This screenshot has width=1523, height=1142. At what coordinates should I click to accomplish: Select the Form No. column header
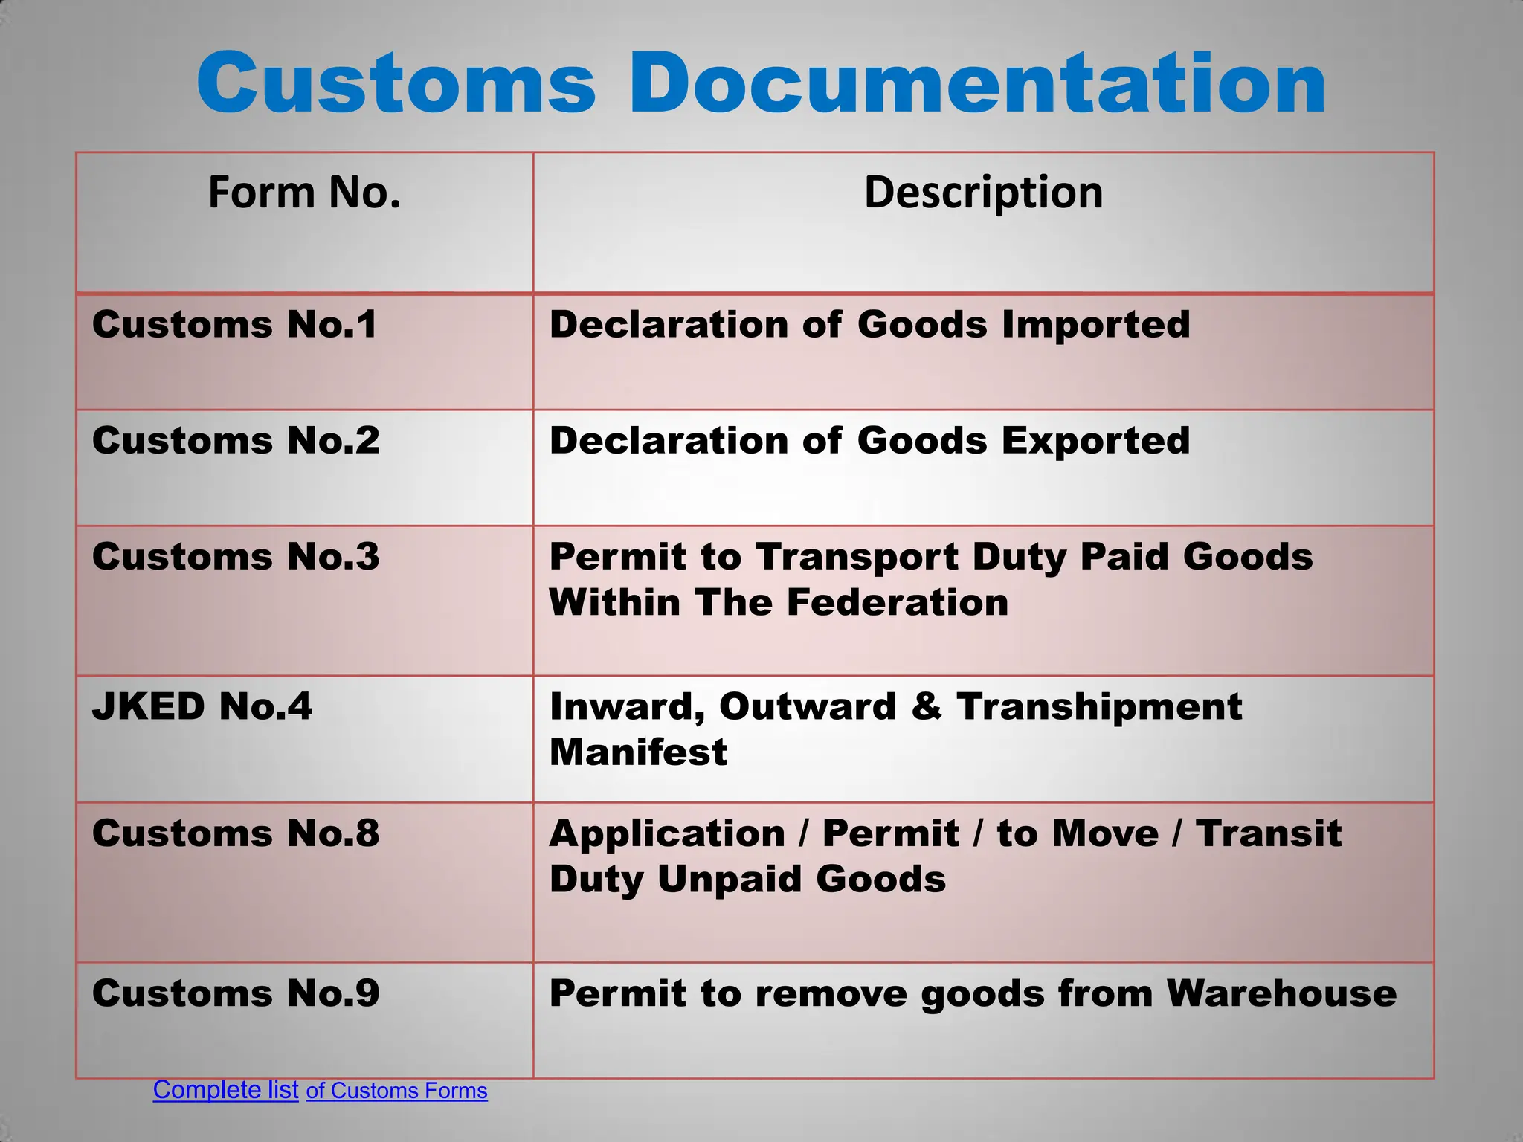click(x=304, y=192)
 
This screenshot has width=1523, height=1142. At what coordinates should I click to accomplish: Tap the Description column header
click(x=983, y=192)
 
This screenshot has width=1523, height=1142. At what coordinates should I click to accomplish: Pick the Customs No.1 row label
click(x=234, y=324)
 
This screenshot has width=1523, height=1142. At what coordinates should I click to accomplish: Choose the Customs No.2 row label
click(x=236, y=440)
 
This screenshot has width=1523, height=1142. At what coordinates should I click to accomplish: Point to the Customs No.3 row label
click(x=236, y=556)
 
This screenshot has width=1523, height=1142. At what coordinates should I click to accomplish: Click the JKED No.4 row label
click(x=202, y=706)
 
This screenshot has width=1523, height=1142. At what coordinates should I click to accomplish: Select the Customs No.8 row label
click(x=236, y=833)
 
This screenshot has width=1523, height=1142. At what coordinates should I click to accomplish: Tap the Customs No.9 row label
click(x=236, y=993)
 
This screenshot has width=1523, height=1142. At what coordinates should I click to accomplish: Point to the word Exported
click(x=1095, y=441)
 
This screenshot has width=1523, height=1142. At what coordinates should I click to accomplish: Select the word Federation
click(x=897, y=602)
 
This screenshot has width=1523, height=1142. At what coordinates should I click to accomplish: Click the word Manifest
click(x=638, y=752)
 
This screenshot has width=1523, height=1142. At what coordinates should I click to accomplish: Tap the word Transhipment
click(x=1099, y=706)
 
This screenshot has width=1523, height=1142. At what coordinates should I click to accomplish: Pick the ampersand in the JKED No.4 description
click(x=926, y=706)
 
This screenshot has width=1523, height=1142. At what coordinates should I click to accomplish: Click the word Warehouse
click(x=1281, y=993)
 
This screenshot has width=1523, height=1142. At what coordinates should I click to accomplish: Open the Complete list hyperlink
click(x=225, y=1089)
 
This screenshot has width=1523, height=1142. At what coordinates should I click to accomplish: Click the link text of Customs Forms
click(x=396, y=1091)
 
